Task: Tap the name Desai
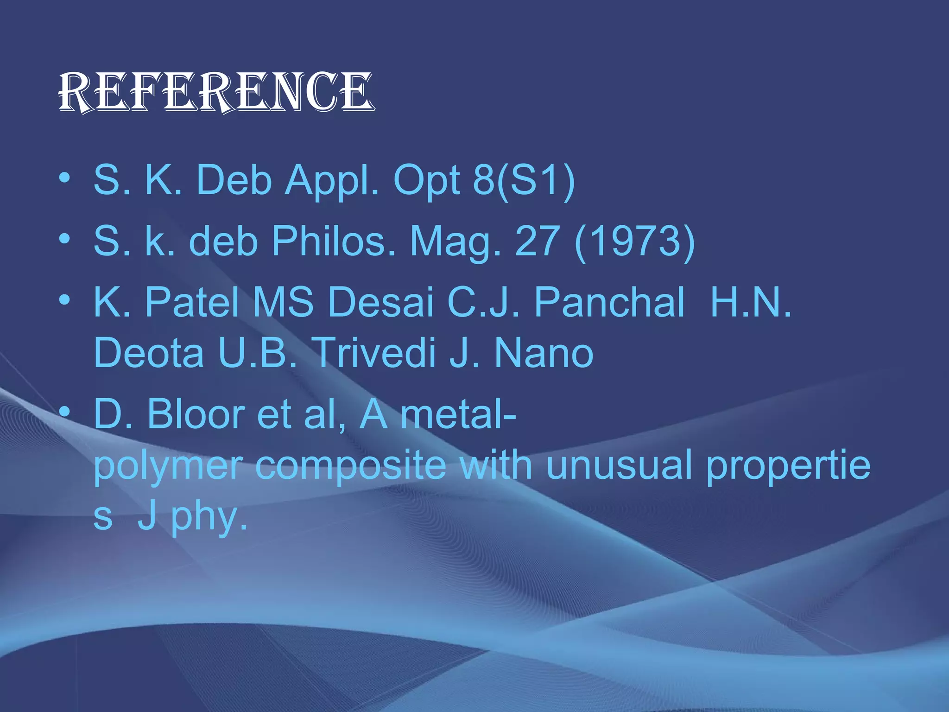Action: (x=381, y=302)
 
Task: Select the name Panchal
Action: (x=609, y=302)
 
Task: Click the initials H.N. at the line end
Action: (x=751, y=302)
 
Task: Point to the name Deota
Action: (x=148, y=353)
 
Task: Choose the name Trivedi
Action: (x=374, y=353)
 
